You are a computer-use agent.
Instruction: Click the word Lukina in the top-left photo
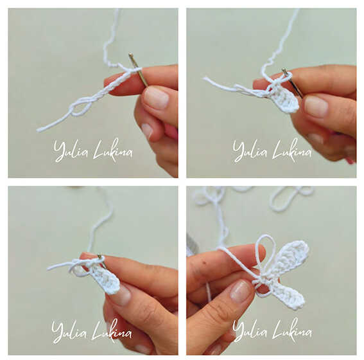point(113,150)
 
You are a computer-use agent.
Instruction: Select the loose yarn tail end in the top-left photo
point(39,130)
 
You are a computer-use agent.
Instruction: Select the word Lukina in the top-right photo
point(292,150)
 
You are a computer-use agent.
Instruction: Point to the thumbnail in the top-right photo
point(316,107)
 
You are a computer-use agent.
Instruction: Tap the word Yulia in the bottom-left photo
point(69,331)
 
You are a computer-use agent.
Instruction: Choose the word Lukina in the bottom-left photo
point(112,330)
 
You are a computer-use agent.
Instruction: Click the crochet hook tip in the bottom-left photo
point(100,256)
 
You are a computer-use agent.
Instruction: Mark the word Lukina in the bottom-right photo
point(293,330)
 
